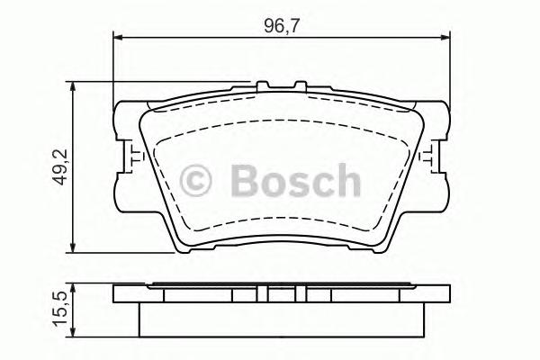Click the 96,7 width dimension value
[281, 24]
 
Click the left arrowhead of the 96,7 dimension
[118, 37]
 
